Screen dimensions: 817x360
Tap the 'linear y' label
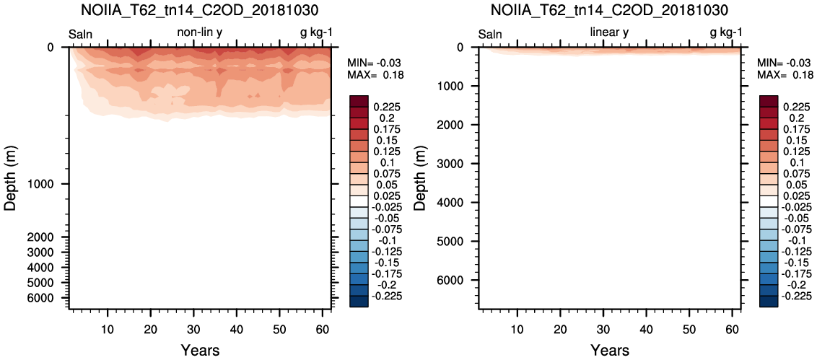[609, 33]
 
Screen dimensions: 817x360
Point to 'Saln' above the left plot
[81, 34]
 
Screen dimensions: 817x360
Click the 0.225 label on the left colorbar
[385, 107]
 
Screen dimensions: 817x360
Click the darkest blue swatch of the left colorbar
[359, 302]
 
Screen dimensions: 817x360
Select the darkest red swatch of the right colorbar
[769, 101]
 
